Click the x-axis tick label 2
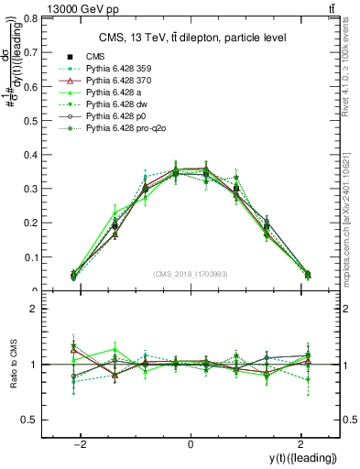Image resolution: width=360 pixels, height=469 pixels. point(300,443)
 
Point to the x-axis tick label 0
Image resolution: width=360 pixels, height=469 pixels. point(191,443)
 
